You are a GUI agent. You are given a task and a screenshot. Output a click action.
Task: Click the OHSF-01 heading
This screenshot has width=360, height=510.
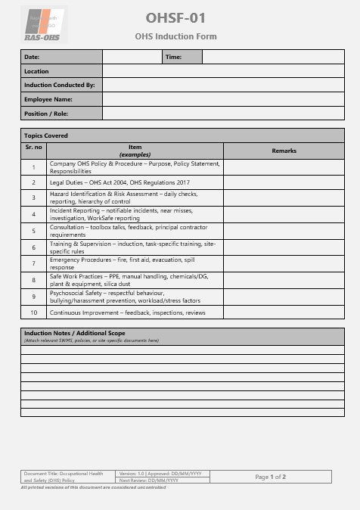click(x=175, y=18)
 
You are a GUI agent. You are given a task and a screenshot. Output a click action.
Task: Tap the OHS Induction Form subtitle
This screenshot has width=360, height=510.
click(x=175, y=36)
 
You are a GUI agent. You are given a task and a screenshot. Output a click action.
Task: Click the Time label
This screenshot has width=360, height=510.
click(x=173, y=57)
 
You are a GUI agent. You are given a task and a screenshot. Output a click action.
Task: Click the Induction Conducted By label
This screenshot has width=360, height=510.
click(x=60, y=86)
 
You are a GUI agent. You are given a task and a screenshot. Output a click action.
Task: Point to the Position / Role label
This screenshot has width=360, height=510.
click(x=46, y=114)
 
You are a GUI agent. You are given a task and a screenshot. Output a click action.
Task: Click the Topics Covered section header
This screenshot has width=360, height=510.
click(x=46, y=135)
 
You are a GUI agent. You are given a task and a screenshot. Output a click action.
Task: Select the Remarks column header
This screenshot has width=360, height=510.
click(x=284, y=151)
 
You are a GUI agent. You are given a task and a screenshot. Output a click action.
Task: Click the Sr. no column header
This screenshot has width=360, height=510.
click(x=34, y=147)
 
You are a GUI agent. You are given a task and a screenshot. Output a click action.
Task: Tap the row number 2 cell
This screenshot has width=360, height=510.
click(x=34, y=182)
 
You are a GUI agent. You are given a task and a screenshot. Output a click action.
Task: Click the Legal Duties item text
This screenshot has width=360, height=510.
click(x=119, y=182)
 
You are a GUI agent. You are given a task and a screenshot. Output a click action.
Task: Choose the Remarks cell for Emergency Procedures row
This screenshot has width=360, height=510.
click(x=284, y=263)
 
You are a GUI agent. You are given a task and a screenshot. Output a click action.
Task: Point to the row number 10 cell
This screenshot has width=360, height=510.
click(x=34, y=312)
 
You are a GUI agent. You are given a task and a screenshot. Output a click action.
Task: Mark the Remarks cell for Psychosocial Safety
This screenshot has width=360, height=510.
click(x=284, y=296)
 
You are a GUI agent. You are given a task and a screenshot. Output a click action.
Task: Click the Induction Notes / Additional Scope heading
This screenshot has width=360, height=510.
click(x=75, y=333)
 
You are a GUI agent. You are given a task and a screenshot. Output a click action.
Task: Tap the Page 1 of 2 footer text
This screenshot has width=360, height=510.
click(x=270, y=477)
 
